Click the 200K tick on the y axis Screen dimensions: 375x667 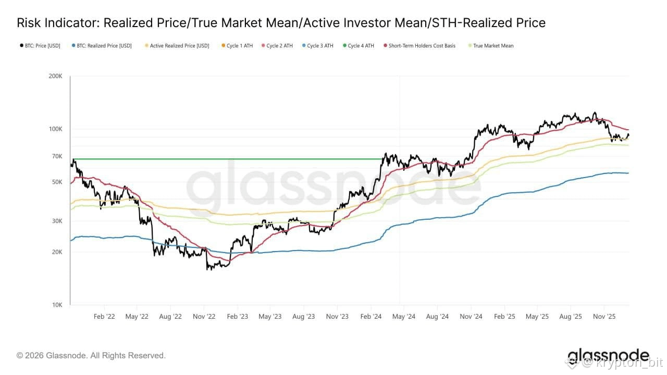tap(56, 76)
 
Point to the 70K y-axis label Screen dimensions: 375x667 tap(57, 156)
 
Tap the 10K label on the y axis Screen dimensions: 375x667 tap(57, 305)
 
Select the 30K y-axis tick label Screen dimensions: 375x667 tap(57, 221)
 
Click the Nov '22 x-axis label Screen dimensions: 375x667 tap(204, 316)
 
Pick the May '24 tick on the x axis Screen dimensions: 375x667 tap(403, 316)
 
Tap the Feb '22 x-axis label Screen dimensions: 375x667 tap(104, 316)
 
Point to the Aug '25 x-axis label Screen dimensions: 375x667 tap(571, 316)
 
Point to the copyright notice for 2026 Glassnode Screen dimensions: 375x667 tap(91, 356)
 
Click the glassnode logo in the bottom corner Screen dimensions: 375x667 tap(608, 356)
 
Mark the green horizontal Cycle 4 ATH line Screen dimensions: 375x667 tap(224, 159)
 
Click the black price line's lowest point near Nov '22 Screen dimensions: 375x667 tap(208, 269)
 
